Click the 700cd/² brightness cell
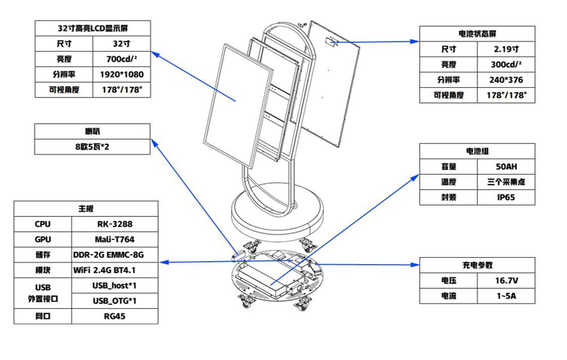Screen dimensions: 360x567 pos(122,59)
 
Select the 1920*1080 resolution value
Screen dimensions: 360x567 pos(122,75)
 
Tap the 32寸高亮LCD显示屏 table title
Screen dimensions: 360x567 pos(93,29)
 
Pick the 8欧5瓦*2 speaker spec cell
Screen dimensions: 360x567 pos(93,146)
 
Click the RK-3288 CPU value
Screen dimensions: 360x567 pos(115,224)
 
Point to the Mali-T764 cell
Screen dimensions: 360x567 pos(115,239)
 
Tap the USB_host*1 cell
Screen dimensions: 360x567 pos(115,286)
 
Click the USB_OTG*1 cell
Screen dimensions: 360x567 pos(115,301)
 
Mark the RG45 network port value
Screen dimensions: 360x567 pos(115,317)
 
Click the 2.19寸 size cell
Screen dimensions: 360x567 pos(506,49)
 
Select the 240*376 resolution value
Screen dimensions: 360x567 pos(506,80)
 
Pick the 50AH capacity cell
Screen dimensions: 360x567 pos(506,167)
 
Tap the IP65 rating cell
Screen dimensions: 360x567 pos(506,198)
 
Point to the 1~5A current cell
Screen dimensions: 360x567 pos(506,296)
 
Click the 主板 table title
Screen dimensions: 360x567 pos(86,209)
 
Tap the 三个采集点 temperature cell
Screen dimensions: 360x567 pos(506,182)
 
